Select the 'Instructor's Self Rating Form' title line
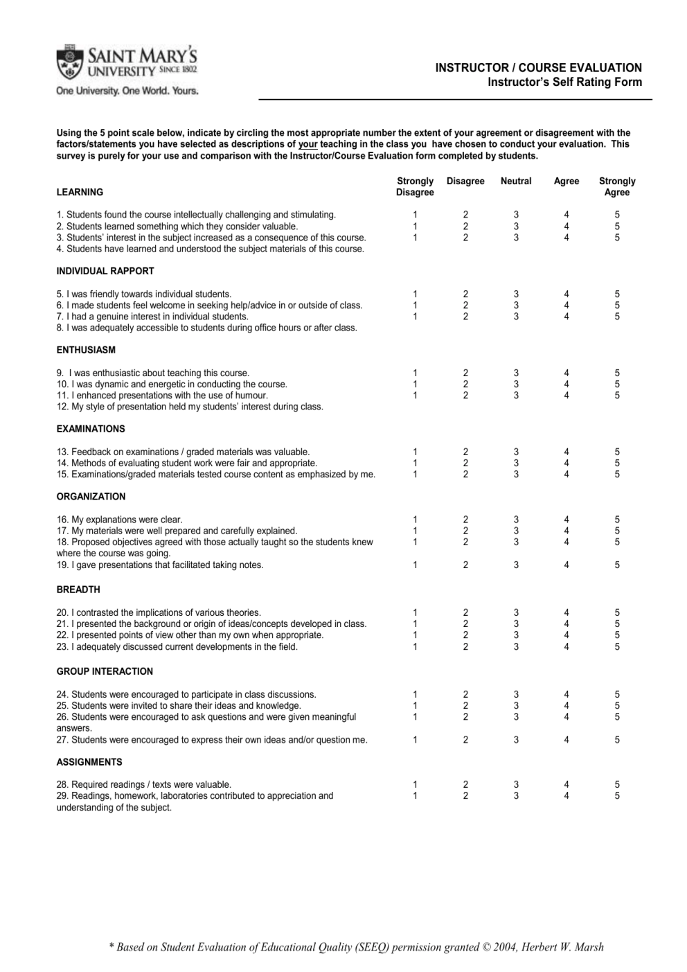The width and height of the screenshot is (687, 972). click(564, 82)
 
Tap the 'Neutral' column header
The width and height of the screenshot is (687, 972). click(516, 182)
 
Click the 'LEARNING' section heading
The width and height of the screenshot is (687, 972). click(80, 193)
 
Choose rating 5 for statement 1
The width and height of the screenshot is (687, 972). click(617, 215)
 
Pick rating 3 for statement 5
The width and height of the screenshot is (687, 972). click(516, 294)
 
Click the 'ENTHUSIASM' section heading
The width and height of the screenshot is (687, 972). click(86, 351)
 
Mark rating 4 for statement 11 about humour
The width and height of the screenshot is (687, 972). click(566, 396)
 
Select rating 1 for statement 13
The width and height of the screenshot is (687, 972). click(415, 452)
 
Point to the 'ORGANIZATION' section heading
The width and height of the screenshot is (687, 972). click(91, 497)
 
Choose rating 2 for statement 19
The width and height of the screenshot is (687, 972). click(465, 565)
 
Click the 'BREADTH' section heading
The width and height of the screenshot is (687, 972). click(78, 590)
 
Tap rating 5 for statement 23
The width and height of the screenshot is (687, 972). click(617, 647)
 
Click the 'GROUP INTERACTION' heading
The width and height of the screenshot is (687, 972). click(105, 671)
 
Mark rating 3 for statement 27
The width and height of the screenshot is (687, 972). click(516, 740)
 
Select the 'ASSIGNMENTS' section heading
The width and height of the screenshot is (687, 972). click(89, 762)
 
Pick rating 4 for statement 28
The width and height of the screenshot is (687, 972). click(566, 785)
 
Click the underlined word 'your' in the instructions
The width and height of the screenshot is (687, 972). click(308, 145)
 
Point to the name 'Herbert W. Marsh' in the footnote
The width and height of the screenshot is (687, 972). click(563, 947)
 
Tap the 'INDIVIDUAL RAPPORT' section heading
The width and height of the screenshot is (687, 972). click(105, 272)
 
